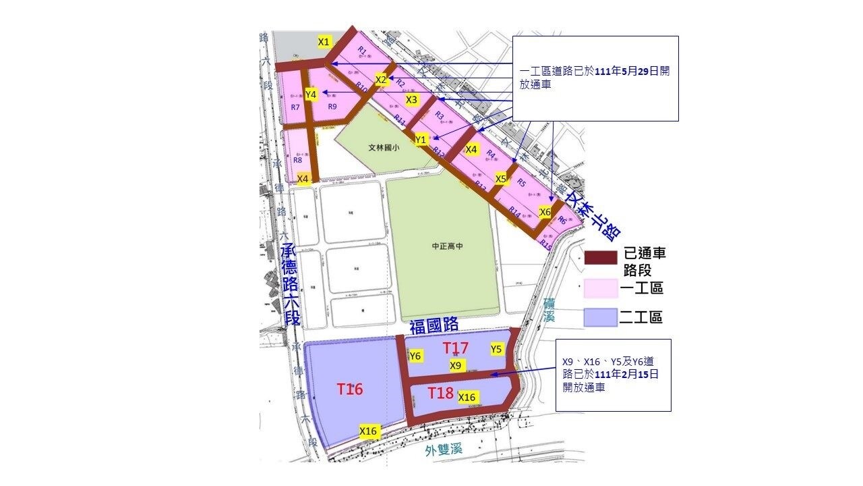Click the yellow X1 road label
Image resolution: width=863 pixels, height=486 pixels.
tap(324, 42)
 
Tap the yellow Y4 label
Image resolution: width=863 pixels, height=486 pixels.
tap(311, 94)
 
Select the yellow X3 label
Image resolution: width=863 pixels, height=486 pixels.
tap(412, 99)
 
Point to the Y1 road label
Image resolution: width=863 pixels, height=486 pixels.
tap(421, 139)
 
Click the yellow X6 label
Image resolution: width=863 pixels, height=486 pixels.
tap(545, 211)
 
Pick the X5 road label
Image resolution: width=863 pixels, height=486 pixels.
tap(501, 179)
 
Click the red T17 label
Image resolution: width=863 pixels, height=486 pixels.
tap(456, 348)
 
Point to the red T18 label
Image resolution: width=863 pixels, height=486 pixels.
tap(440, 393)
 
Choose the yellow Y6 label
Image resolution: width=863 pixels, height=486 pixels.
tap(415, 356)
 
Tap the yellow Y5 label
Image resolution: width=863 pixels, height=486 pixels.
tap(496, 349)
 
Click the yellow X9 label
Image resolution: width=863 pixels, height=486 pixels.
tap(456, 365)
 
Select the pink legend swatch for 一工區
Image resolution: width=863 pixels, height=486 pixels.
tap(601, 288)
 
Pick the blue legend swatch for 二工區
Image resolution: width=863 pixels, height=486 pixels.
tap(601, 317)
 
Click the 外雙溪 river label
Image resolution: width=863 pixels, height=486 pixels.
tap(443, 451)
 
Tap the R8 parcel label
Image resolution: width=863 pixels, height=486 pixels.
tap(297, 160)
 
